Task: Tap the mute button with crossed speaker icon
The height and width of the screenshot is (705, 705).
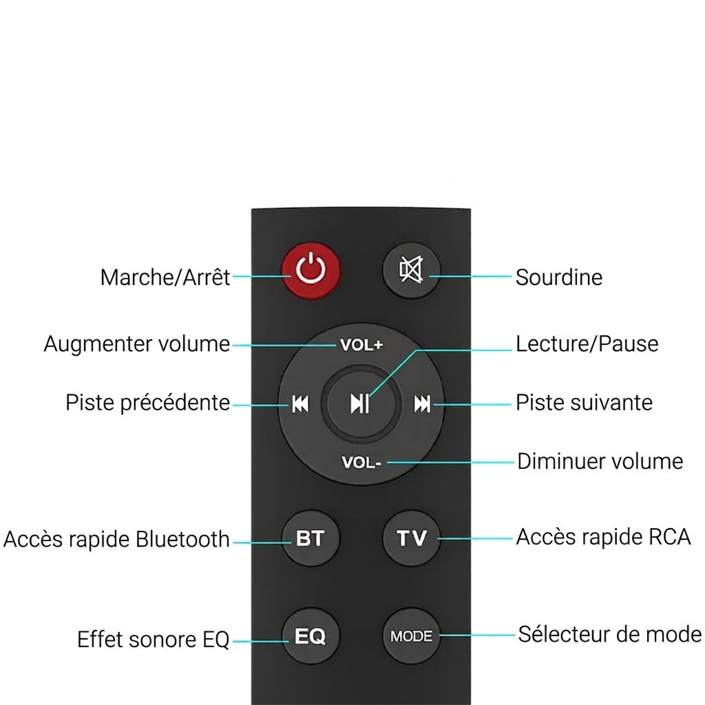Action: (411, 270)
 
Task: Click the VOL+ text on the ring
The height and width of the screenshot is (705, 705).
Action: (361, 345)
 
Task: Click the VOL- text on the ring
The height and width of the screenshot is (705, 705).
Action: (361, 462)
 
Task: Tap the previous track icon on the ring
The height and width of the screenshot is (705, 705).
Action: (300, 403)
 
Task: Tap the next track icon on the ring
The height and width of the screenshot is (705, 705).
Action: (422, 403)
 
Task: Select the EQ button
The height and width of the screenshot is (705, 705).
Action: (311, 635)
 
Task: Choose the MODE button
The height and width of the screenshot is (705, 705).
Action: (411, 635)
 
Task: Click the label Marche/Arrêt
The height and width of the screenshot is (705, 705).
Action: (165, 277)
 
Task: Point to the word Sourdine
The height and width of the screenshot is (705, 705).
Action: (559, 277)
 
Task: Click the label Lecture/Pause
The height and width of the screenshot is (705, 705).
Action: (587, 344)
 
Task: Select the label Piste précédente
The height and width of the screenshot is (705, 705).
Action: (147, 402)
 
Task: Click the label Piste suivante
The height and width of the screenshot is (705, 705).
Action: (584, 402)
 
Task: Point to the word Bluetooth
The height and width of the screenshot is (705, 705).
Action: (182, 539)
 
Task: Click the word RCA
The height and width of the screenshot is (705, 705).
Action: (668, 537)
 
